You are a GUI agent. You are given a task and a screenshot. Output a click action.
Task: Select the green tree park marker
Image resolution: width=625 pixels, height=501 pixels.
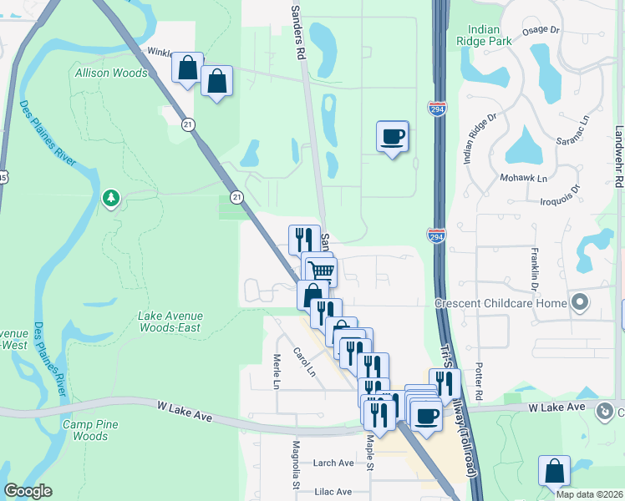pos(109,198)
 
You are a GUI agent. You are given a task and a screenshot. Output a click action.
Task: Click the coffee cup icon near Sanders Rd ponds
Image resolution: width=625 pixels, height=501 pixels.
pos(392,136)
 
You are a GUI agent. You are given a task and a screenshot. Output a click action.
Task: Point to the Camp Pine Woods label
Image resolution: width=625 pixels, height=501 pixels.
pos(89,429)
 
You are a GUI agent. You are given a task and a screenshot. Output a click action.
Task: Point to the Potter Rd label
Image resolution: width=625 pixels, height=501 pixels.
pos(479,382)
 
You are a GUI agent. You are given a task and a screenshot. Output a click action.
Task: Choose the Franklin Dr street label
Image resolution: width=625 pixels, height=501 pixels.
pos(532,268)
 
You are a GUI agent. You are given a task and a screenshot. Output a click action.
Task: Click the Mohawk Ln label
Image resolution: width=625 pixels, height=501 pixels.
pos(524,179)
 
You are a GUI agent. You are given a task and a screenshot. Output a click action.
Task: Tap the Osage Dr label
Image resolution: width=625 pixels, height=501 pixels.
pos(541,30)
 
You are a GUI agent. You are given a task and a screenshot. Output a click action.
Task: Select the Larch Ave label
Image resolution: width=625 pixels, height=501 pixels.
pos(334,463)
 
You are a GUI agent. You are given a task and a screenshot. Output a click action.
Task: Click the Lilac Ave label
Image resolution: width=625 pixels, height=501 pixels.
pos(333,493)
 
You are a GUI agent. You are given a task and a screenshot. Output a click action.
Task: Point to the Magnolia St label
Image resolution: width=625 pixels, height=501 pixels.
pos(295,464)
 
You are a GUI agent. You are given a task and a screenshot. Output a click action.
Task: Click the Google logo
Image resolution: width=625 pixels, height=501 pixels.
pos(28,491)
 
